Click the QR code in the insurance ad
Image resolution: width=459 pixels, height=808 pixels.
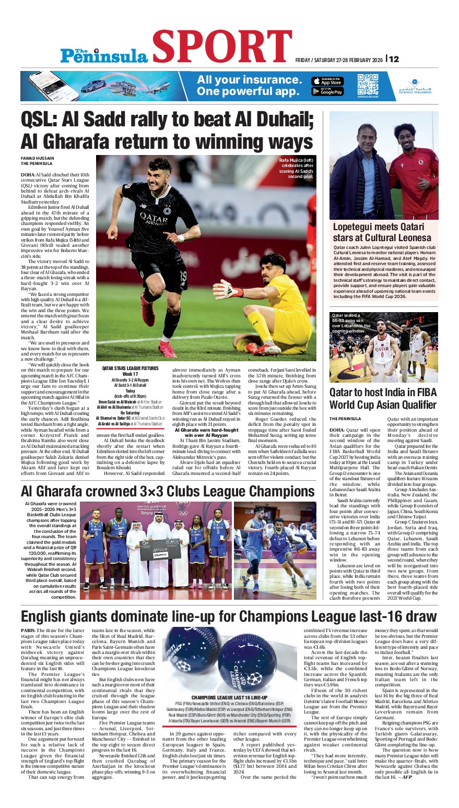click(x=368, y=84)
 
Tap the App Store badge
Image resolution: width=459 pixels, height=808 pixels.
click(x=327, y=81)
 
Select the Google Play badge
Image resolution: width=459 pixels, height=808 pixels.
click(x=327, y=91)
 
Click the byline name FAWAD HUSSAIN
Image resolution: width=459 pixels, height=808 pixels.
click(x=37, y=158)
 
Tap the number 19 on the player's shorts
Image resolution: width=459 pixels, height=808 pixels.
click(x=183, y=275)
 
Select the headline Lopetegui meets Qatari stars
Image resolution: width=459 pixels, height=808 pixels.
click(x=382, y=232)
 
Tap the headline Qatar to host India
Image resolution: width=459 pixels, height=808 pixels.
click(x=382, y=398)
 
